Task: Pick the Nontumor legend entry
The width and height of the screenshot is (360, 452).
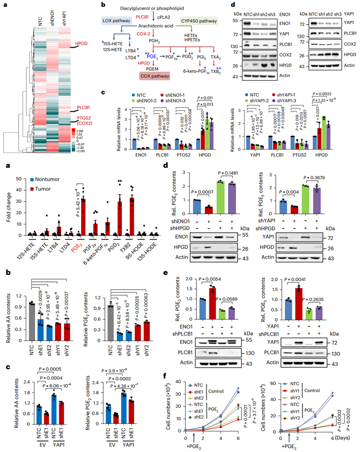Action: point(44,180)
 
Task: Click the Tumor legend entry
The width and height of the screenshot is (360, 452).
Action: point(41,188)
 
